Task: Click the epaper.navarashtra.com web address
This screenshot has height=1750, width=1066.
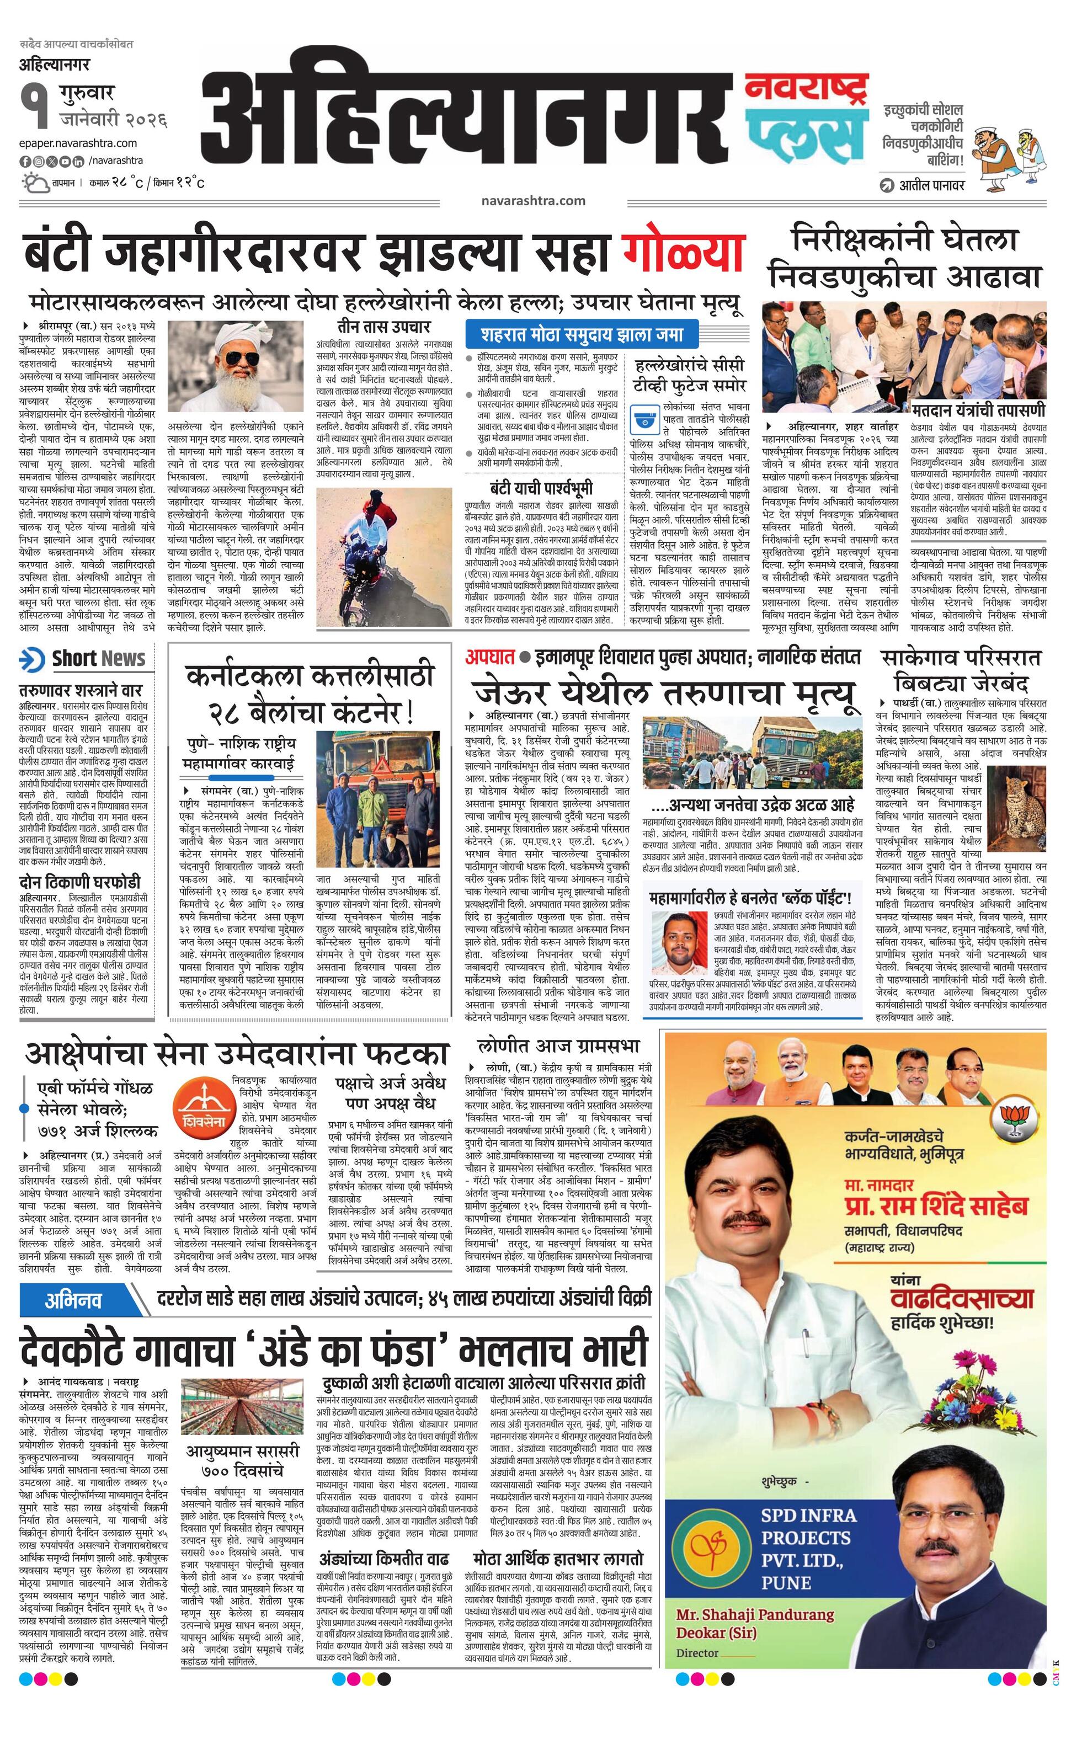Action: [78, 143]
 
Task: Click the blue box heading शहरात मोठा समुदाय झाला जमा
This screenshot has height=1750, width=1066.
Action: [581, 334]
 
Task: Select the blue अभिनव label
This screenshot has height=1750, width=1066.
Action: [73, 1300]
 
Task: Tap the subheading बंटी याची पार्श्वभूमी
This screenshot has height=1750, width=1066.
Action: [541, 488]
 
